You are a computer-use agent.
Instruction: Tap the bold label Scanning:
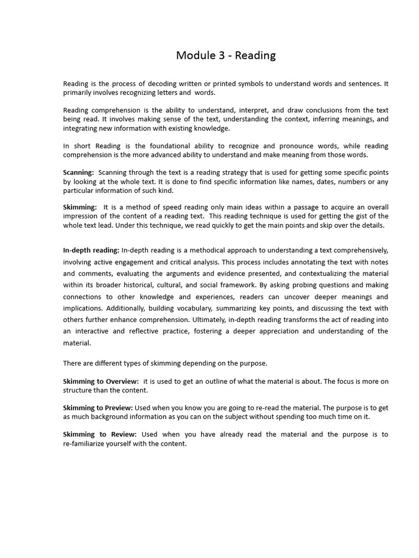79,172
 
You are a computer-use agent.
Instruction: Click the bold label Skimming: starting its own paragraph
80,207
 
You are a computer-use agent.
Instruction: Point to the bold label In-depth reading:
91,250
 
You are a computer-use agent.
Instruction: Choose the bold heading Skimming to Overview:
101,381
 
